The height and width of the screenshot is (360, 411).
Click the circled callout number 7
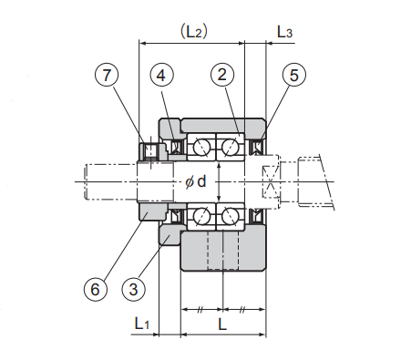(106, 75)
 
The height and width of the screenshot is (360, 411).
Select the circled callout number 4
(161, 75)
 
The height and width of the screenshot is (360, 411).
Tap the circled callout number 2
(222, 75)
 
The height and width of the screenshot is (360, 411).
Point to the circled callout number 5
(294, 75)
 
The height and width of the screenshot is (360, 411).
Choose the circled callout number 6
(95, 289)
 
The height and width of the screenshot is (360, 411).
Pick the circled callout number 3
(133, 289)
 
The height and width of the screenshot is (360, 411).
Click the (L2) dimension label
(194, 32)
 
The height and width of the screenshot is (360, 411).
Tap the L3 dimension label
(284, 32)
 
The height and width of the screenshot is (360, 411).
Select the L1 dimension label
(142, 324)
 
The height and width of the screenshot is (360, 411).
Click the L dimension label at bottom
(222, 324)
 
